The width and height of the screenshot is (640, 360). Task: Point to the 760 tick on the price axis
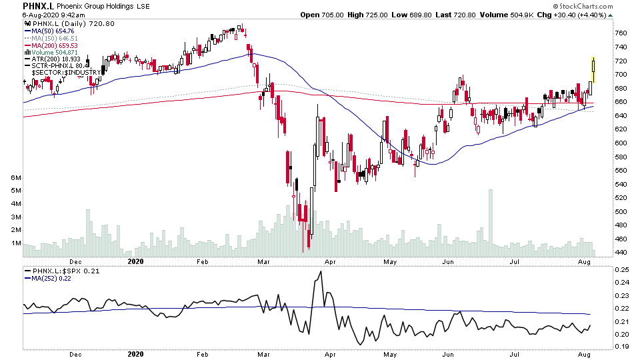tap(620, 33)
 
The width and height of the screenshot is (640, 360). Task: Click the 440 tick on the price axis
tap(620, 252)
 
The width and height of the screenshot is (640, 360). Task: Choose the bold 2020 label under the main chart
tap(135, 262)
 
